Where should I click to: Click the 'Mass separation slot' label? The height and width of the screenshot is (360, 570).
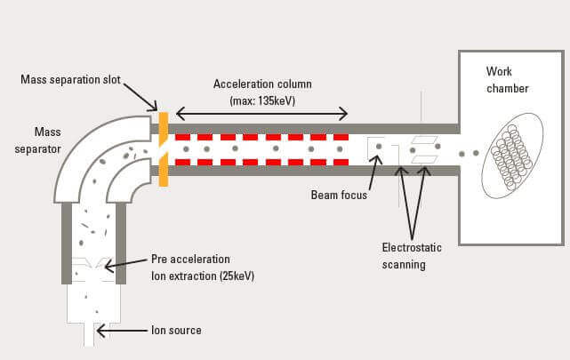(70, 80)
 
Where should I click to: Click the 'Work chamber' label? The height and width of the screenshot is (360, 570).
(507, 79)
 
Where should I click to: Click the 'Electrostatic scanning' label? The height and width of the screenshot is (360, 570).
(411, 257)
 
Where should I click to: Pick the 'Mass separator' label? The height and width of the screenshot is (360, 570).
(36, 140)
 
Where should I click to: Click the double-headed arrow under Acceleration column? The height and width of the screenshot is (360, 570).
(261, 114)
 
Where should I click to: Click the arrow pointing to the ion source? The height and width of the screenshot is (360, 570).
(119, 331)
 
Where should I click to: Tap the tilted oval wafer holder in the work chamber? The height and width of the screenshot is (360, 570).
(512, 156)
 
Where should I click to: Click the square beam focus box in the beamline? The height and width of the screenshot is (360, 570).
(382, 150)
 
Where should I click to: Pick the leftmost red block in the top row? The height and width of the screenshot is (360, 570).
(182, 137)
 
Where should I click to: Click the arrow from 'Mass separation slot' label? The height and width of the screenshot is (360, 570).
(140, 97)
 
